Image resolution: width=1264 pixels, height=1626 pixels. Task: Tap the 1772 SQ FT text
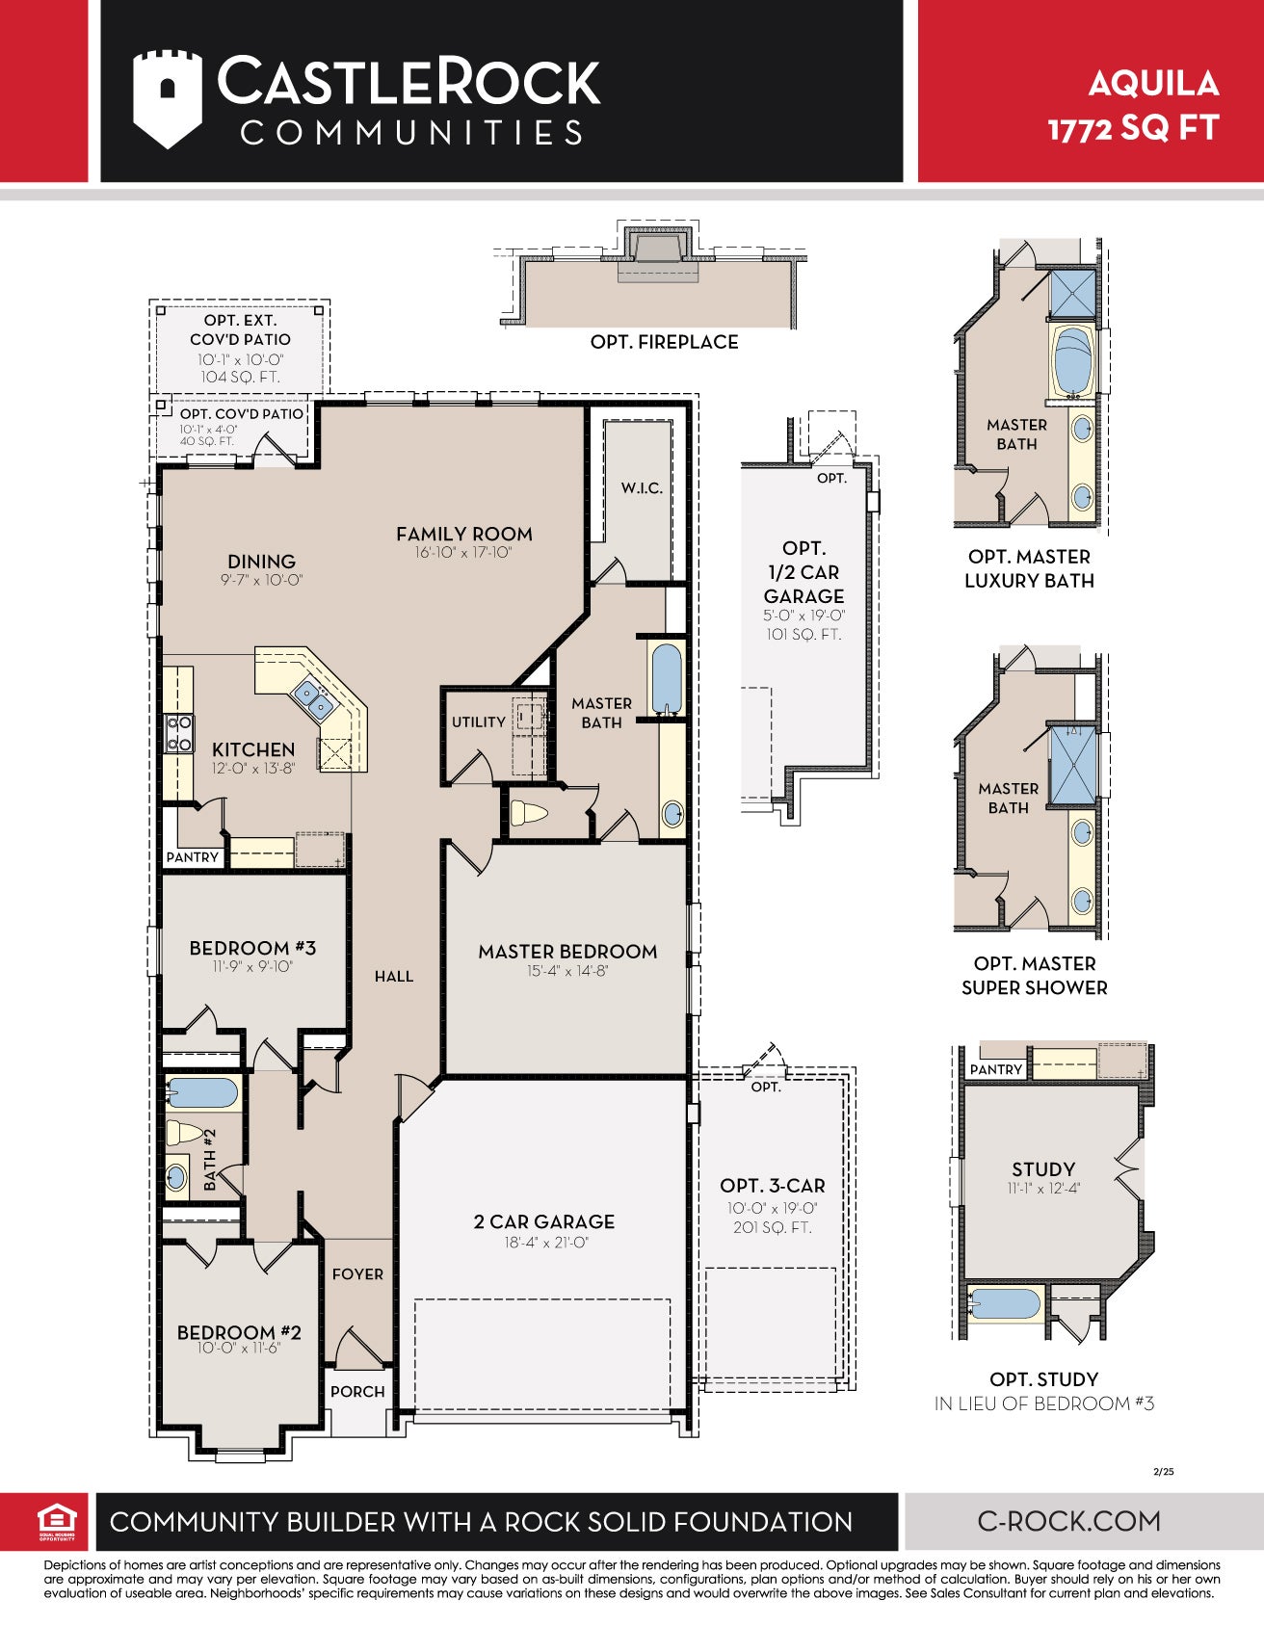pyautogui.click(x=1133, y=129)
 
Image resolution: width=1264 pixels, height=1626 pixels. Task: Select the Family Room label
pyautogui.click(x=463, y=534)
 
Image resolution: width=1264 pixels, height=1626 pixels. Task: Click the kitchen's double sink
pyautogui.click(x=313, y=699)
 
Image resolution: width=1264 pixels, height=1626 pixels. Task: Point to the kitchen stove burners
pyautogui.click(x=178, y=732)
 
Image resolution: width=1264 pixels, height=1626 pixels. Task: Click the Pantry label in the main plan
pyautogui.click(x=193, y=857)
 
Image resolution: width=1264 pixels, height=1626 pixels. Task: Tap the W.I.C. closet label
pyautogui.click(x=642, y=488)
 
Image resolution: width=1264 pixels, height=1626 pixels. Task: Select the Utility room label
pyautogui.click(x=479, y=721)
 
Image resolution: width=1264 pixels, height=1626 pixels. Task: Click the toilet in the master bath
pyautogui.click(x=528, y=813)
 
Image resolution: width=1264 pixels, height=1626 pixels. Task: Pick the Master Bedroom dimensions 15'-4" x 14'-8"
pyautogui.click(x=567, y=971)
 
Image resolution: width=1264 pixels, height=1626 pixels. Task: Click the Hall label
pyautogui.click(x=394, y=977)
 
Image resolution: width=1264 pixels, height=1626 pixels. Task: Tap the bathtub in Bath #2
pyautogui.click(x=202, y=1093)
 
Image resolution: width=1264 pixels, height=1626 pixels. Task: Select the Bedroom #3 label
pyautogui.click(x=252, y=948)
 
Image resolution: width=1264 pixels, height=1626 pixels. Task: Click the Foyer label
pyautogui.click(x=357, y=1274)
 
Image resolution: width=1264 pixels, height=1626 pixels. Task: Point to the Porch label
pyautogui.click(x=357, y=1392)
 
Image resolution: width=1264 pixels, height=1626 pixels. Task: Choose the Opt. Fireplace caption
pyautogui.click(x=665, y=342)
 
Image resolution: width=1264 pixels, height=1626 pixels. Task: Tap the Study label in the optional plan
pyautogui.click(x=1043, y=1169)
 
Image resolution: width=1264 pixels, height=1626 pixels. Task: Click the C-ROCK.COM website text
pyautogui.click(x=1069, y=1521)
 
